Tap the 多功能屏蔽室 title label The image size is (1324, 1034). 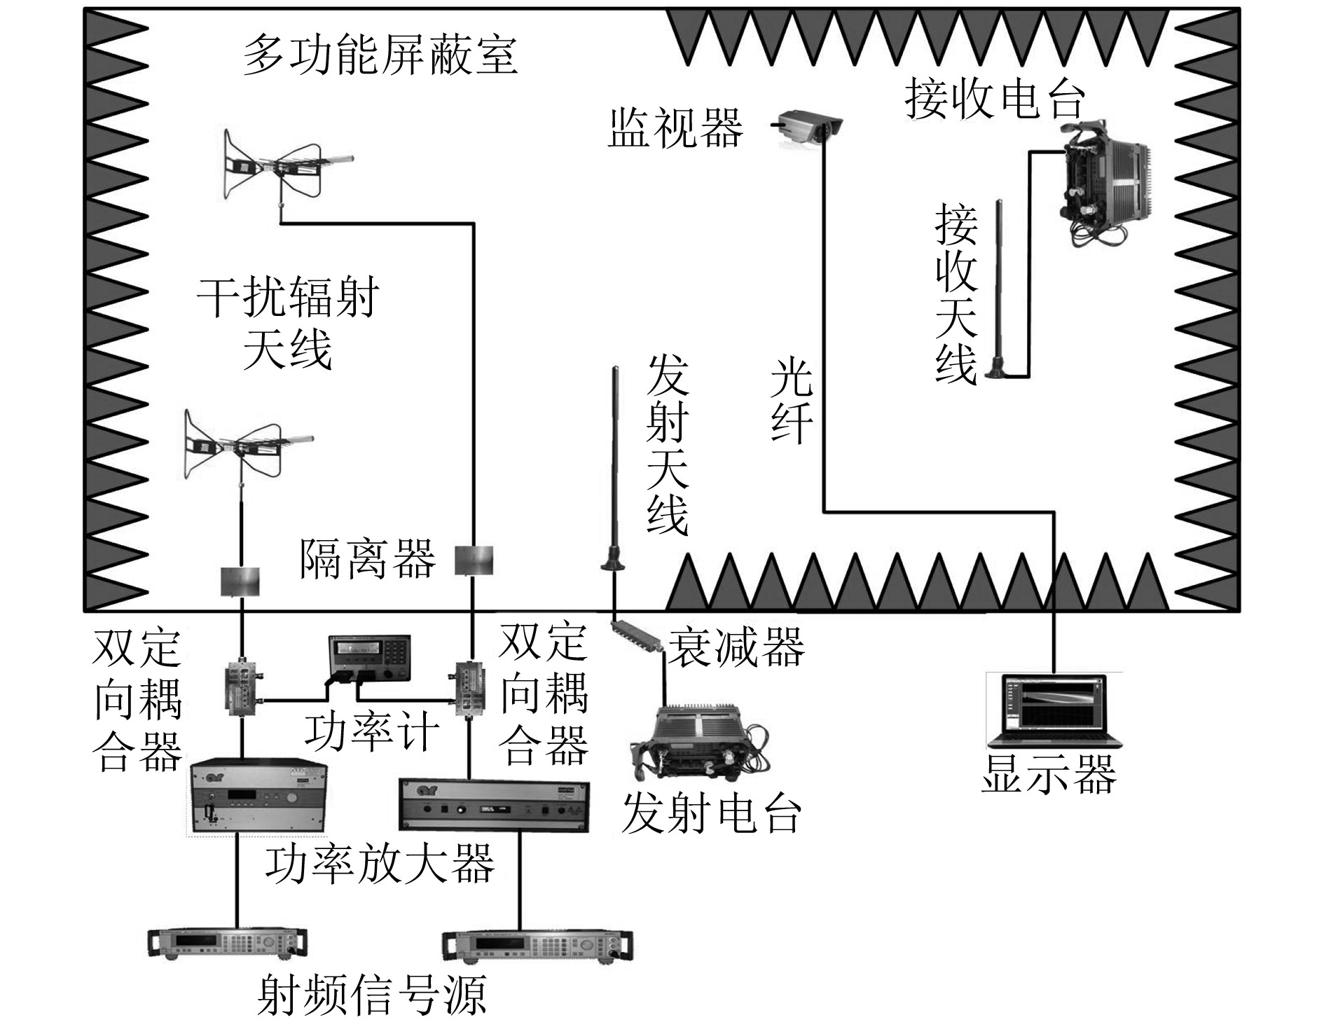coord(380,56)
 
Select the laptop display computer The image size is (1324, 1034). coord(1054,711)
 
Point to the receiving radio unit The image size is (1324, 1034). coord(1104,183)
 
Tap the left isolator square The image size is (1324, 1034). coord(240,581)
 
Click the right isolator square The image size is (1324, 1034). coord(474,560)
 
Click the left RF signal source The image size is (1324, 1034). coord(228,943)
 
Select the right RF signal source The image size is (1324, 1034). coord(537,947)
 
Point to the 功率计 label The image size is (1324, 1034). coord(371,733)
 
